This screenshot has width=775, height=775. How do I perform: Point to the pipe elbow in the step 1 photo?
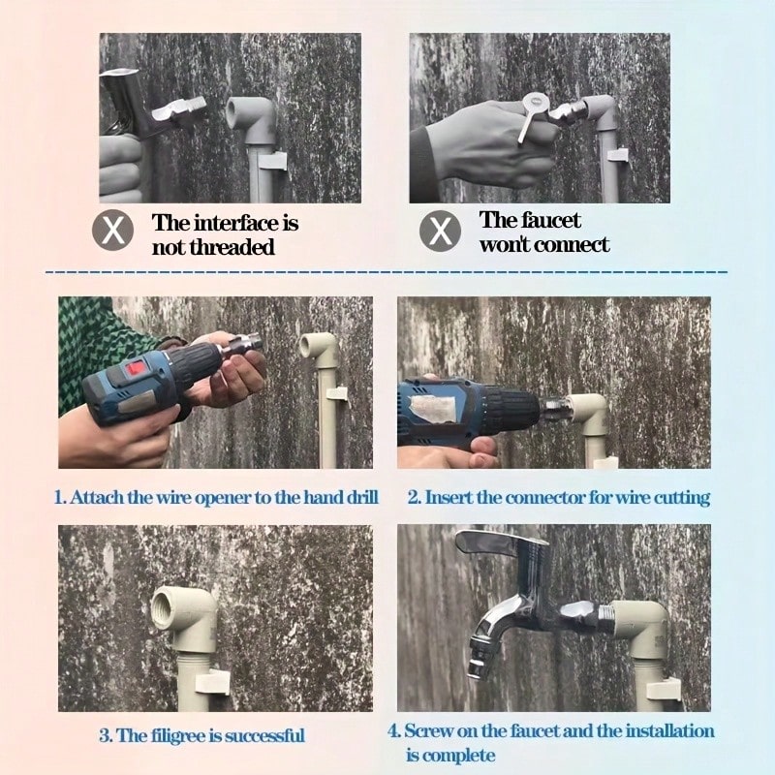pyautogui.click(x=318, y=349)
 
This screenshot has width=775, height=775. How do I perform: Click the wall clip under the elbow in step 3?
pyautogui.click(x=212, y=682)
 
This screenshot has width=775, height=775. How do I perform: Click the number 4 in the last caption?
pyautogui.click(x=393, y=731)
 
